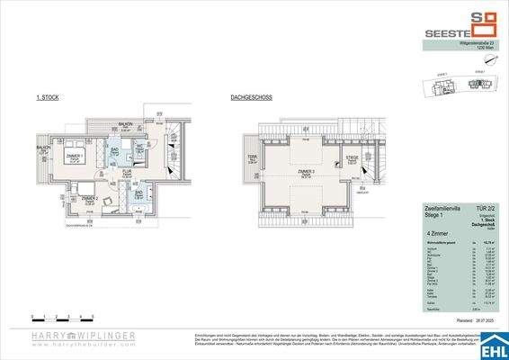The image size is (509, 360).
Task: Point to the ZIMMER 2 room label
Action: pyautogui.click(x=89, y=200)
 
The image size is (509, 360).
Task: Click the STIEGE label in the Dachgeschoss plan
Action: pyautogui.click(x=353, y=159)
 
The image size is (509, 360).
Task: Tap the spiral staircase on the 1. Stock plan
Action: pyautogui.click(x=171, y=145)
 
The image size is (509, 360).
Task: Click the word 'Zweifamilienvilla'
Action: pyautogui.click(x=442, y=206)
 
